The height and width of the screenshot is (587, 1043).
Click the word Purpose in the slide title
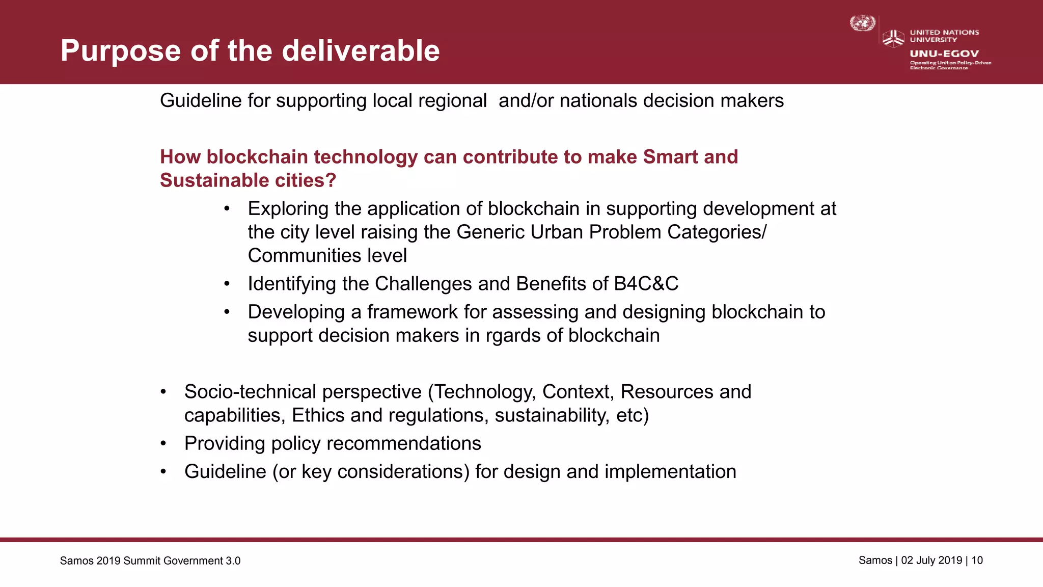coord(120,51)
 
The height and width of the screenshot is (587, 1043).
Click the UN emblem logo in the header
coord(862,23)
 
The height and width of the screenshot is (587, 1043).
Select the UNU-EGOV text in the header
coord(944,54)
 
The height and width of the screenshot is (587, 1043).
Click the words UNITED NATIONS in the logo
coord(944,32)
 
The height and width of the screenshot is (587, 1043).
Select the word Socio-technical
coord(252,392)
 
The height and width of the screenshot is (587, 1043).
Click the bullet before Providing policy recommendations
coord(163,444)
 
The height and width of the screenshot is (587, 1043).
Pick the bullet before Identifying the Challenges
coord(227,284)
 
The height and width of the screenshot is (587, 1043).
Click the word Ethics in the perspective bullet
coord(318,415)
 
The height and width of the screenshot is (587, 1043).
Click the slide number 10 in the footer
coord(977,561)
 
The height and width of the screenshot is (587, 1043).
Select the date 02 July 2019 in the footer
coord(931,561)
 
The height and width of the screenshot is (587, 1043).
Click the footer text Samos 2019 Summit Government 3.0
coord(150,561)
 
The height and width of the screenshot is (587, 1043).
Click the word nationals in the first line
coord(598,101)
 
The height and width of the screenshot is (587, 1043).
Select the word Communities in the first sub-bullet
coord(298,256)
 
